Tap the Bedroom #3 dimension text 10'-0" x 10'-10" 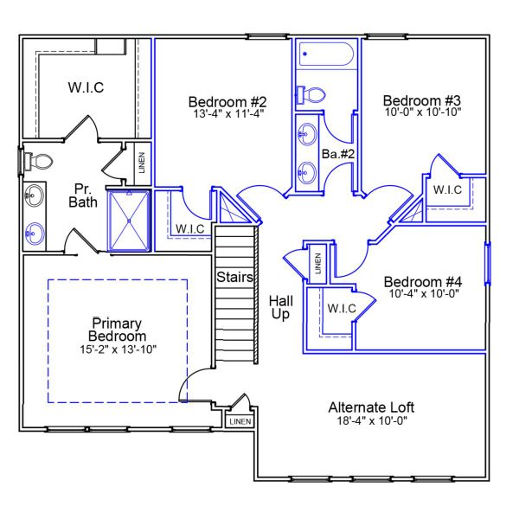point(423,112)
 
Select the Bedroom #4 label point(422,282)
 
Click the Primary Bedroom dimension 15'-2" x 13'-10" point(116,349)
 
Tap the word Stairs point(234,278)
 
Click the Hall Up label point(279,306)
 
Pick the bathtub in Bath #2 point(325,56)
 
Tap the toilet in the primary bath point(38,161)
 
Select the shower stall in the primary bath point(127,220)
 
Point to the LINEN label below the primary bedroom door point(240,421)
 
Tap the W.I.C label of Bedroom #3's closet point(447,189)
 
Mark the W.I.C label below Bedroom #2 point(189,228)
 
